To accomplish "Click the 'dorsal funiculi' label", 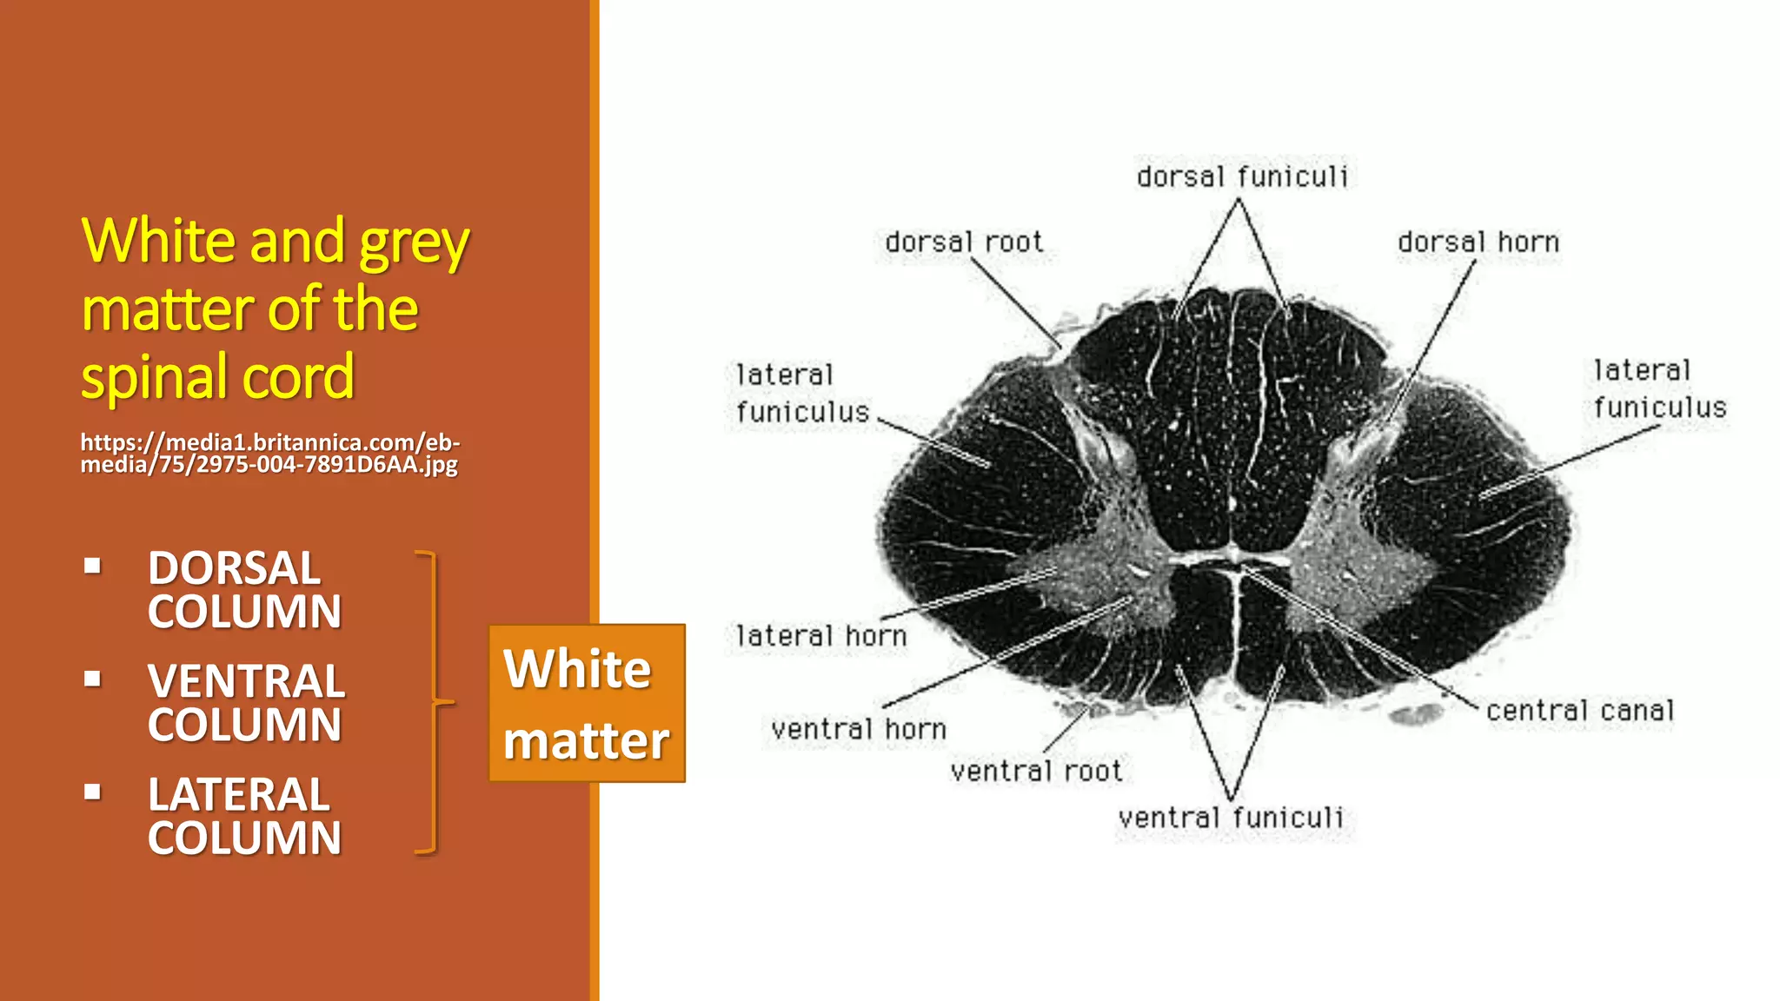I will coord(1242,177).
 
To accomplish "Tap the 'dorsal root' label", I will coord(963,242).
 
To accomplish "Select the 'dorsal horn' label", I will coord(1478,242).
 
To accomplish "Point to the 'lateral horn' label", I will coord(821,636).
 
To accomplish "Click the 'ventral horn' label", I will coord(859,729).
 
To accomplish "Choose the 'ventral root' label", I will coord(1036,771).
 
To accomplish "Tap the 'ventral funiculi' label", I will coord(1231,818).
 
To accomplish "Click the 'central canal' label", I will coord(1579,711).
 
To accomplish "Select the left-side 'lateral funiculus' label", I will coord(801,394).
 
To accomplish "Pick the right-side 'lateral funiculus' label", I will coord(1659,389).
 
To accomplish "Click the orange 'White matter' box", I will coord(587,703).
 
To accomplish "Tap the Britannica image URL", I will coord(269,453).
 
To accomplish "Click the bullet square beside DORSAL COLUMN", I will coord(93,567).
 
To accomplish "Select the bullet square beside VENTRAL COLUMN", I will coord(93,679).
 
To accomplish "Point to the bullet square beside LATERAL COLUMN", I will coord(93,792).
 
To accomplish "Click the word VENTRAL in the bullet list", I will coord(246,681).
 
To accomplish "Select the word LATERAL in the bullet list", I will coord(238,794).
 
